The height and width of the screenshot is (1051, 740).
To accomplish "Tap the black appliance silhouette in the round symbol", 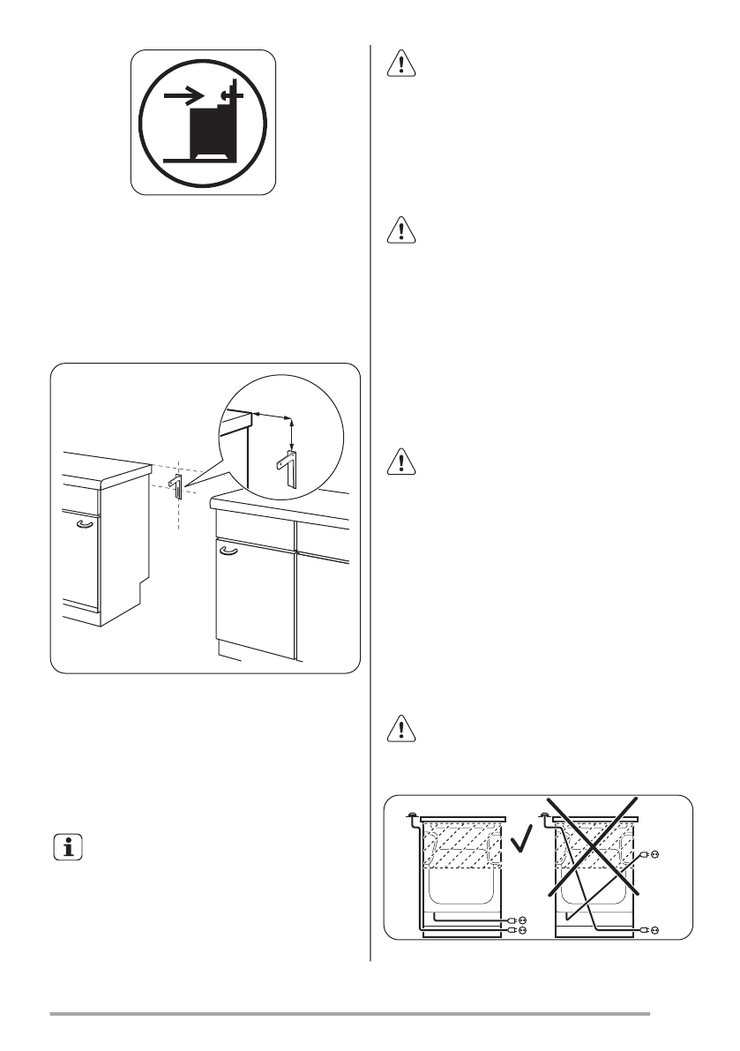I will pyautogui.click(x=215, y=131).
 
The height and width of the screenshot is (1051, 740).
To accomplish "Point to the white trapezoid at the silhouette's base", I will pyautogui.click(x=215, y=157).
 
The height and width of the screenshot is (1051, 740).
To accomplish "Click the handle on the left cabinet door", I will pyautogui.click(x=84, y=523).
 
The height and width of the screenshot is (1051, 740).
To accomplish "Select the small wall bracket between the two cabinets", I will pyautogui.click(x=176, y=484).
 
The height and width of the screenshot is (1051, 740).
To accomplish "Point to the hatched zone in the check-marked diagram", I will pyautogui.click(x=465, y=847).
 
